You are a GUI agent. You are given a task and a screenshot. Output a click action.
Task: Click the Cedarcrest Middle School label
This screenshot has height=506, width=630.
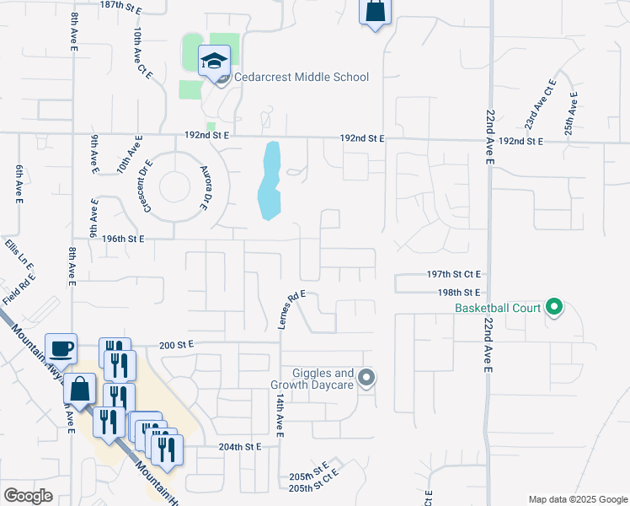[x=301, y=78]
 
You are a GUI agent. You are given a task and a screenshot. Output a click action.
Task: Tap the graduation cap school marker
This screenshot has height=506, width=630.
[x=214, y=60]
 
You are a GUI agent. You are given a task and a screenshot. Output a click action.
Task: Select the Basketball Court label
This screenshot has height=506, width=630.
[x=498, y=308]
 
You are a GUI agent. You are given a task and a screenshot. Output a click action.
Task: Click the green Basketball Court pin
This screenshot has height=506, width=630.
[x=553, y=307]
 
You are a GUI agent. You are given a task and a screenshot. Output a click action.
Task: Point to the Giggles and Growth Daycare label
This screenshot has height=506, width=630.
[x=312, y=379]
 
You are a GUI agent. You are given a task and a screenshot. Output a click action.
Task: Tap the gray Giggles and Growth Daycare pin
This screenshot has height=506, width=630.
[x=366, y=378]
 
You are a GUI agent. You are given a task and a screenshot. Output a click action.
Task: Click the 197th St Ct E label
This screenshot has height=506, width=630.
[x=453, y=274]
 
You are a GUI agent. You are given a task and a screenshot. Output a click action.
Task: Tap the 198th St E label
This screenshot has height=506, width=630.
[x=458, y=292]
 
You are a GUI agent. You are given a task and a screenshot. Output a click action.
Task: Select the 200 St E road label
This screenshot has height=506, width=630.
[x=177, y=344]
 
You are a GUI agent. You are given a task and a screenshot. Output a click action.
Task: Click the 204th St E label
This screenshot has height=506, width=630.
[x=236, y=447]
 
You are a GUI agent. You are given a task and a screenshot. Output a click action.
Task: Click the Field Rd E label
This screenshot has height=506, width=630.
[x=18, y=287]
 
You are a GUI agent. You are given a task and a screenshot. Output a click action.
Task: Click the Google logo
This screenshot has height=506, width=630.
[x=29, y=497]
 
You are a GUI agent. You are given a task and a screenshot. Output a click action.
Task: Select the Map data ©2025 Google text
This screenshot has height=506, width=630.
[x=576, y=499]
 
